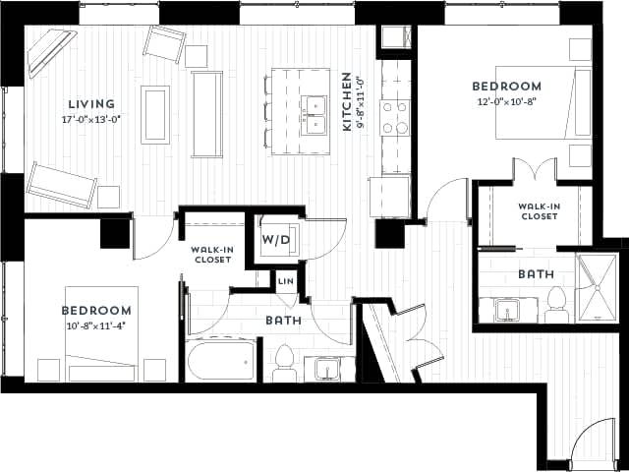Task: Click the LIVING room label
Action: click(x=90, y=104)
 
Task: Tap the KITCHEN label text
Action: click(x=346, y=102)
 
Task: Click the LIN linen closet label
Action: click(x=285, y=282)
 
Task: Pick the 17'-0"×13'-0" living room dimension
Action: click(x=90, y=120)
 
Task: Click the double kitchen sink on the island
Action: click(x=314, y=114)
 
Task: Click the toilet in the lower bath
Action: click(x=285, y=362)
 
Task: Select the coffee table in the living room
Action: click(x=155, y=114)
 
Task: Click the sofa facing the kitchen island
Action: click(x=206, y=113)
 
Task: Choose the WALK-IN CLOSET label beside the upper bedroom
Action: click(x=540, y=210)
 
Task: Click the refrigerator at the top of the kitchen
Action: click(x=397, y=37)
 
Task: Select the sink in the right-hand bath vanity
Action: click(x=509, y=311)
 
